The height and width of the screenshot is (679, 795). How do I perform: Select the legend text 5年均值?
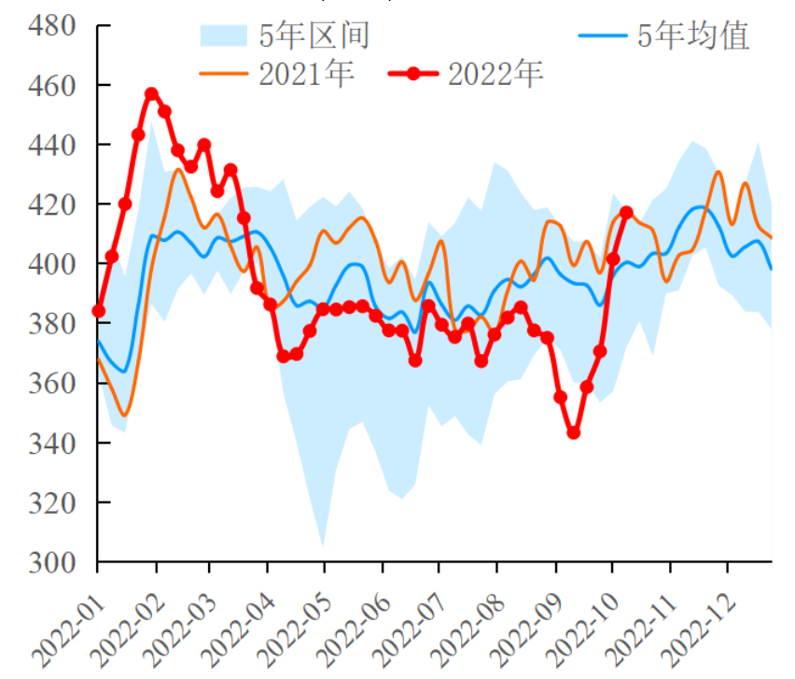pos(692,35)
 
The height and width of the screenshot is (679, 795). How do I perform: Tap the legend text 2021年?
pos(307,74)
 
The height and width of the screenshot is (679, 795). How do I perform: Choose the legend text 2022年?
pos(495,74)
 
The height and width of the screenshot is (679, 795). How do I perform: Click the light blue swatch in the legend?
pos(223,35)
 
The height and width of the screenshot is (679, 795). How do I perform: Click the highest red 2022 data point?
pos(152,94)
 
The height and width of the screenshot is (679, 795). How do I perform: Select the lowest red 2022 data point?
pos(574,432)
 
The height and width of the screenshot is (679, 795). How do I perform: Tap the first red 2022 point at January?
pos(98,310)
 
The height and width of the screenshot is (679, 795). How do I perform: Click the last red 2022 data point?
pos(626,212)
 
